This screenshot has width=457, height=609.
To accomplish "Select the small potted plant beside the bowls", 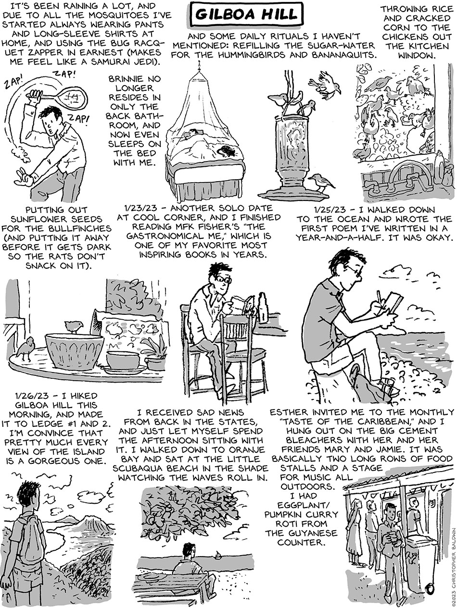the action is [x=156, y=354].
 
